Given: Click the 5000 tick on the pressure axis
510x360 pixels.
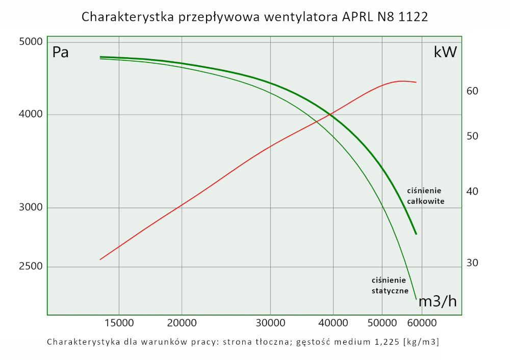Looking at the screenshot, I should (x=31, y=42).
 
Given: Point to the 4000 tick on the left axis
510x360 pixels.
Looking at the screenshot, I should (x=31, y=115).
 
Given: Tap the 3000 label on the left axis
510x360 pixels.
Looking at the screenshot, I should (x=31, y=208).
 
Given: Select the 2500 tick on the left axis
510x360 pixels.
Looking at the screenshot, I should (x=31, y=267).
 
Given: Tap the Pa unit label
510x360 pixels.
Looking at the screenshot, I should (x=61, y=52).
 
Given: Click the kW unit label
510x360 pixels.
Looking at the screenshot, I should (x=445, y=52).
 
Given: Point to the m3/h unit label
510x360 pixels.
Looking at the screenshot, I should (x=438, y=301).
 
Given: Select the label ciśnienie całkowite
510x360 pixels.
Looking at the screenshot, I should (x=426, y=196).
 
